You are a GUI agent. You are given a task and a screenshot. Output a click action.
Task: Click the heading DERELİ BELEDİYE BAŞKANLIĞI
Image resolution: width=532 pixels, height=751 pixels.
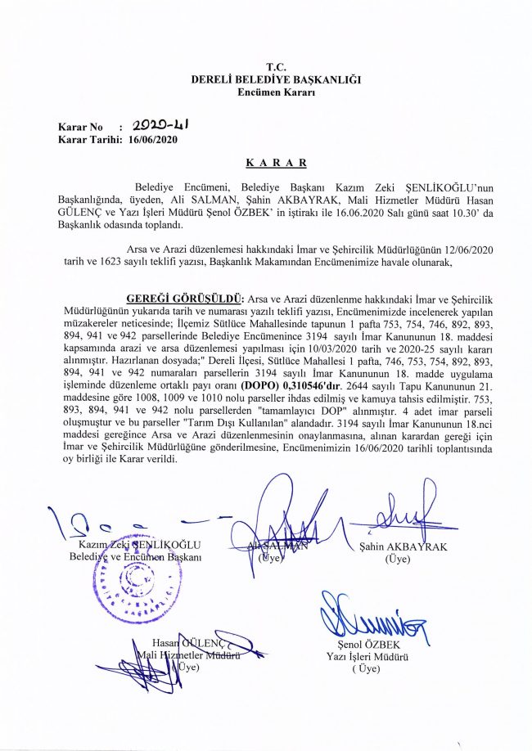pos(275,79)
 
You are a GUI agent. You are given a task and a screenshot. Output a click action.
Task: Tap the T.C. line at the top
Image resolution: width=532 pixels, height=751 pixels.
pos(276,65)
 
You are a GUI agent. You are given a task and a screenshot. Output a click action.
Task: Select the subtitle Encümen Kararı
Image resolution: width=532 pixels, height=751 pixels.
pos(276,92)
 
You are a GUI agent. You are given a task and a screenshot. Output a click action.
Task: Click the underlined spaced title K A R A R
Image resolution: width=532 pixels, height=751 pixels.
pos(276,164)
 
